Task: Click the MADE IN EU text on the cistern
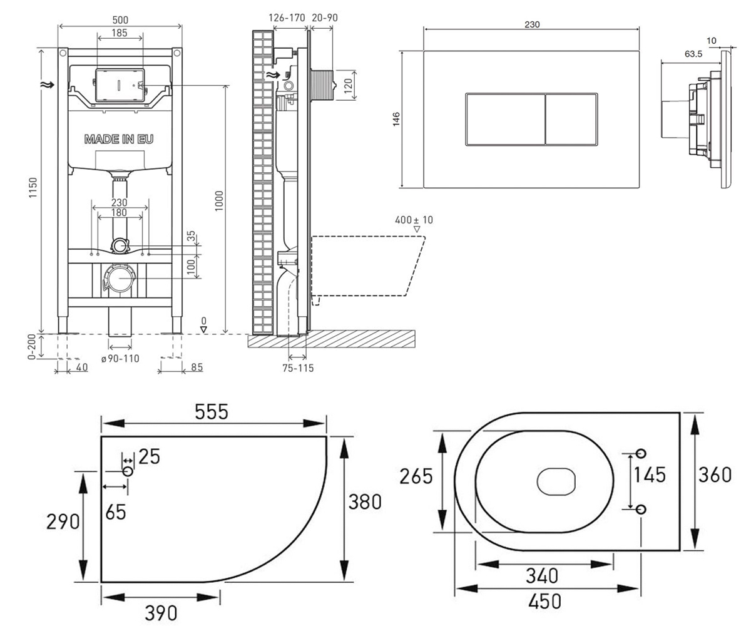point(119,139)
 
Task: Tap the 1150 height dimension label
point(33,187)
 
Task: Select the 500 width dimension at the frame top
point(120,20)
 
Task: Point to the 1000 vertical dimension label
point(219,201)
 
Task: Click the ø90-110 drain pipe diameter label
point(120,359)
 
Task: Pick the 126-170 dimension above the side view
point(287,18)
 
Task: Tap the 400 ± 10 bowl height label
point(414,220)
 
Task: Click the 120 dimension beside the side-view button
point(348,86)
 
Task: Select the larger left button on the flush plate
point(505,120)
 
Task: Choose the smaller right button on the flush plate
point(571,120)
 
